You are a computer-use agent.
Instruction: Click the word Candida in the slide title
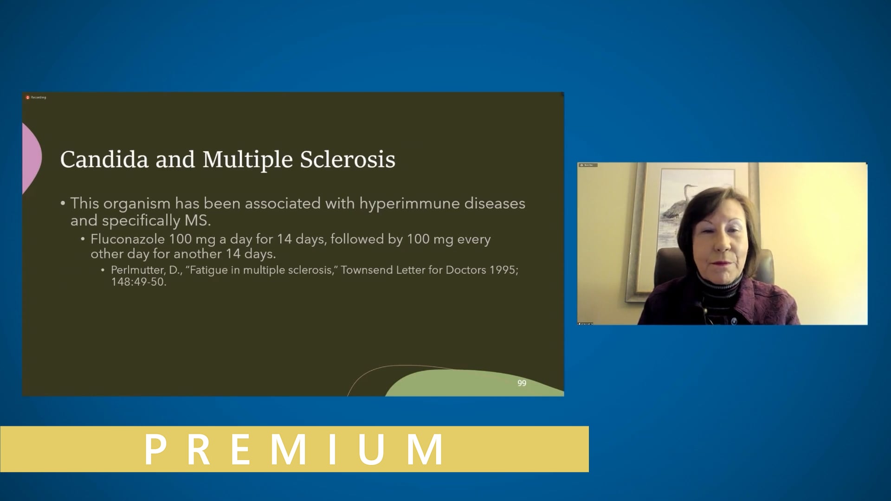pos(104,160)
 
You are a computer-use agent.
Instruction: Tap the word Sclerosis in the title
pos(348,160)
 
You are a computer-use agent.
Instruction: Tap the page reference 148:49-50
pos(138,282)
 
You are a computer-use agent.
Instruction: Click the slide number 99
pos(522,383)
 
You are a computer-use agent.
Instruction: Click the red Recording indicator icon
pos(28,97)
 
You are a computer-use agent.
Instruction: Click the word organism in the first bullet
pos(136,204)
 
